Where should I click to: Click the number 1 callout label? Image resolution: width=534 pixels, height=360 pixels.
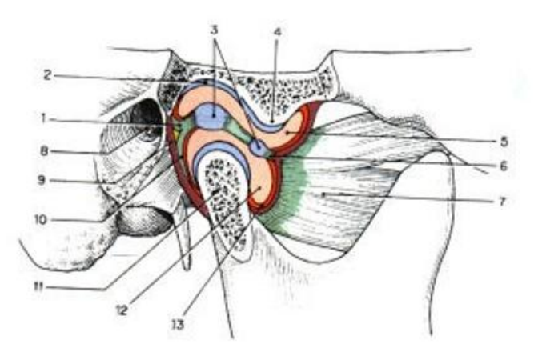point(43,118)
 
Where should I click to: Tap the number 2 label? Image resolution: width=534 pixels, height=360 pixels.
point(48,75)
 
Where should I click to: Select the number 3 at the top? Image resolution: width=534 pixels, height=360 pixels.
point(214,30)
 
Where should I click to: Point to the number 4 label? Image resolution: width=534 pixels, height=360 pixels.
point(278,32)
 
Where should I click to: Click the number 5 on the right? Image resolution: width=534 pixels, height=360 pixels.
point(504,142)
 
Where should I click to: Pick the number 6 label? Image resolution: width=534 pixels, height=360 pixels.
point(504,166)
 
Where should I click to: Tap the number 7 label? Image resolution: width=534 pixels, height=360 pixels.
point(502,201)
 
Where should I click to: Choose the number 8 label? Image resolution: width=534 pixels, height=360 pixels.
point(44,151)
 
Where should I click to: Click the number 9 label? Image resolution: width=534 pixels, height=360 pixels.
point(42,180)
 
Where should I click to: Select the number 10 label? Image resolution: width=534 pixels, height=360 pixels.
point(41,220)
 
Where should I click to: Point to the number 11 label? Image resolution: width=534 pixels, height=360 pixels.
point(39,287)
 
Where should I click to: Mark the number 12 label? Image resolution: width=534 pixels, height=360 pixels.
point(122,310)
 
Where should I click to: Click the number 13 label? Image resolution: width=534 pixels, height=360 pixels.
point(177,324)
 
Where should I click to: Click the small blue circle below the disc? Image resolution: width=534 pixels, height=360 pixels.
point(258,147)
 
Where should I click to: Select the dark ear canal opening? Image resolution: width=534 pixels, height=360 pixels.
point(147,120)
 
